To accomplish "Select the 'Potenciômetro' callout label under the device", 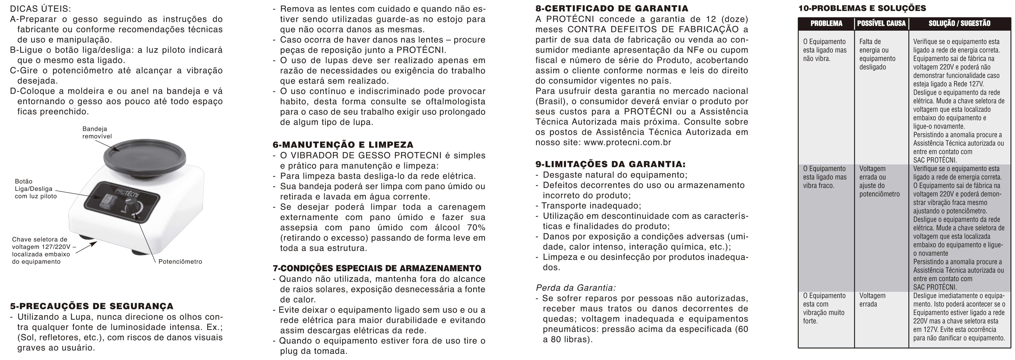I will pyautogui.click(x=180, y=262).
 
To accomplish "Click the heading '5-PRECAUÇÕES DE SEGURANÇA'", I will pyautogui.click(x=91, y=306).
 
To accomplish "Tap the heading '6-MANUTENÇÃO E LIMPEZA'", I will pyautogui.click(x=343, y=145).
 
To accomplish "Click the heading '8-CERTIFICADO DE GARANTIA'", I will pyautogui.click(x=612, y=8).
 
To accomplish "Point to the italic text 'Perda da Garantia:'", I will pyautogui.click(x=576, y=288).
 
